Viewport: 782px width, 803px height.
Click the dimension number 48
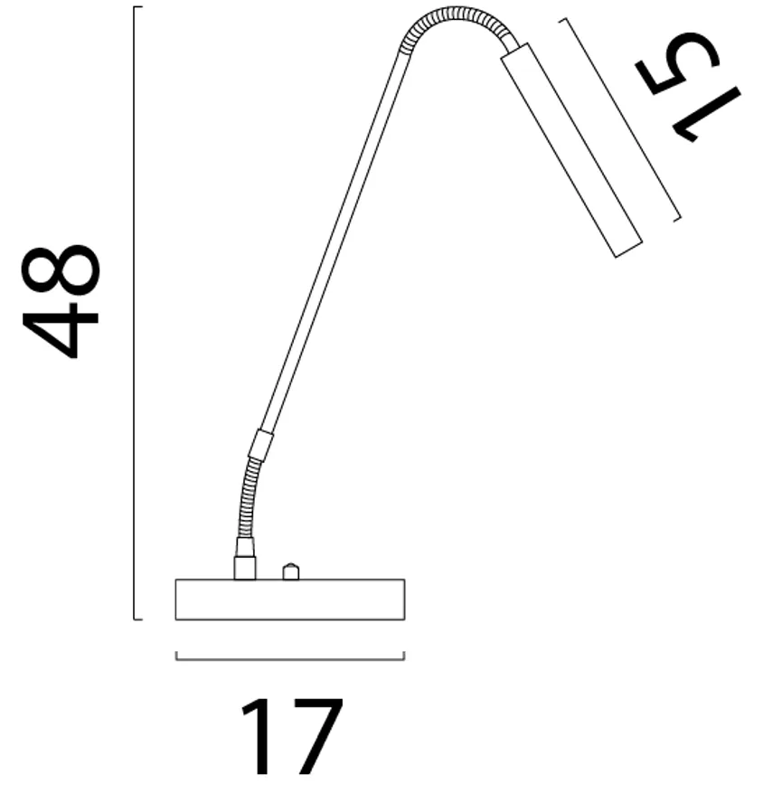[x=61, y=301]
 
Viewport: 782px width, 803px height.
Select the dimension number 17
[x=291, y=736]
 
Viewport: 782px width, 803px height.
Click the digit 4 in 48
[x=61, y=330]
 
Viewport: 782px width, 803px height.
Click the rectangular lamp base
[x=289, y=600]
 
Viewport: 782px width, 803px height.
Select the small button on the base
[x=290, y=572]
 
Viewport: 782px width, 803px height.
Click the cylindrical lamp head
[x=571, y=149]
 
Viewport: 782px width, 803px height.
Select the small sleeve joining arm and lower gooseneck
[x=261, y=444]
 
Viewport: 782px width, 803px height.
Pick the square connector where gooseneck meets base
[x=244, y=567]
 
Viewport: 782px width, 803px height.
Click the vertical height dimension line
[x=134, y=312]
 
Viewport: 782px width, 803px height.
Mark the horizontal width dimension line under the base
[x=289, y=659]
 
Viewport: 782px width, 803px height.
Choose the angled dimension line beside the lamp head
[x=620, y=118]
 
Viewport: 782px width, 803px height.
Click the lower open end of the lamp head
[x=628, y=249]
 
